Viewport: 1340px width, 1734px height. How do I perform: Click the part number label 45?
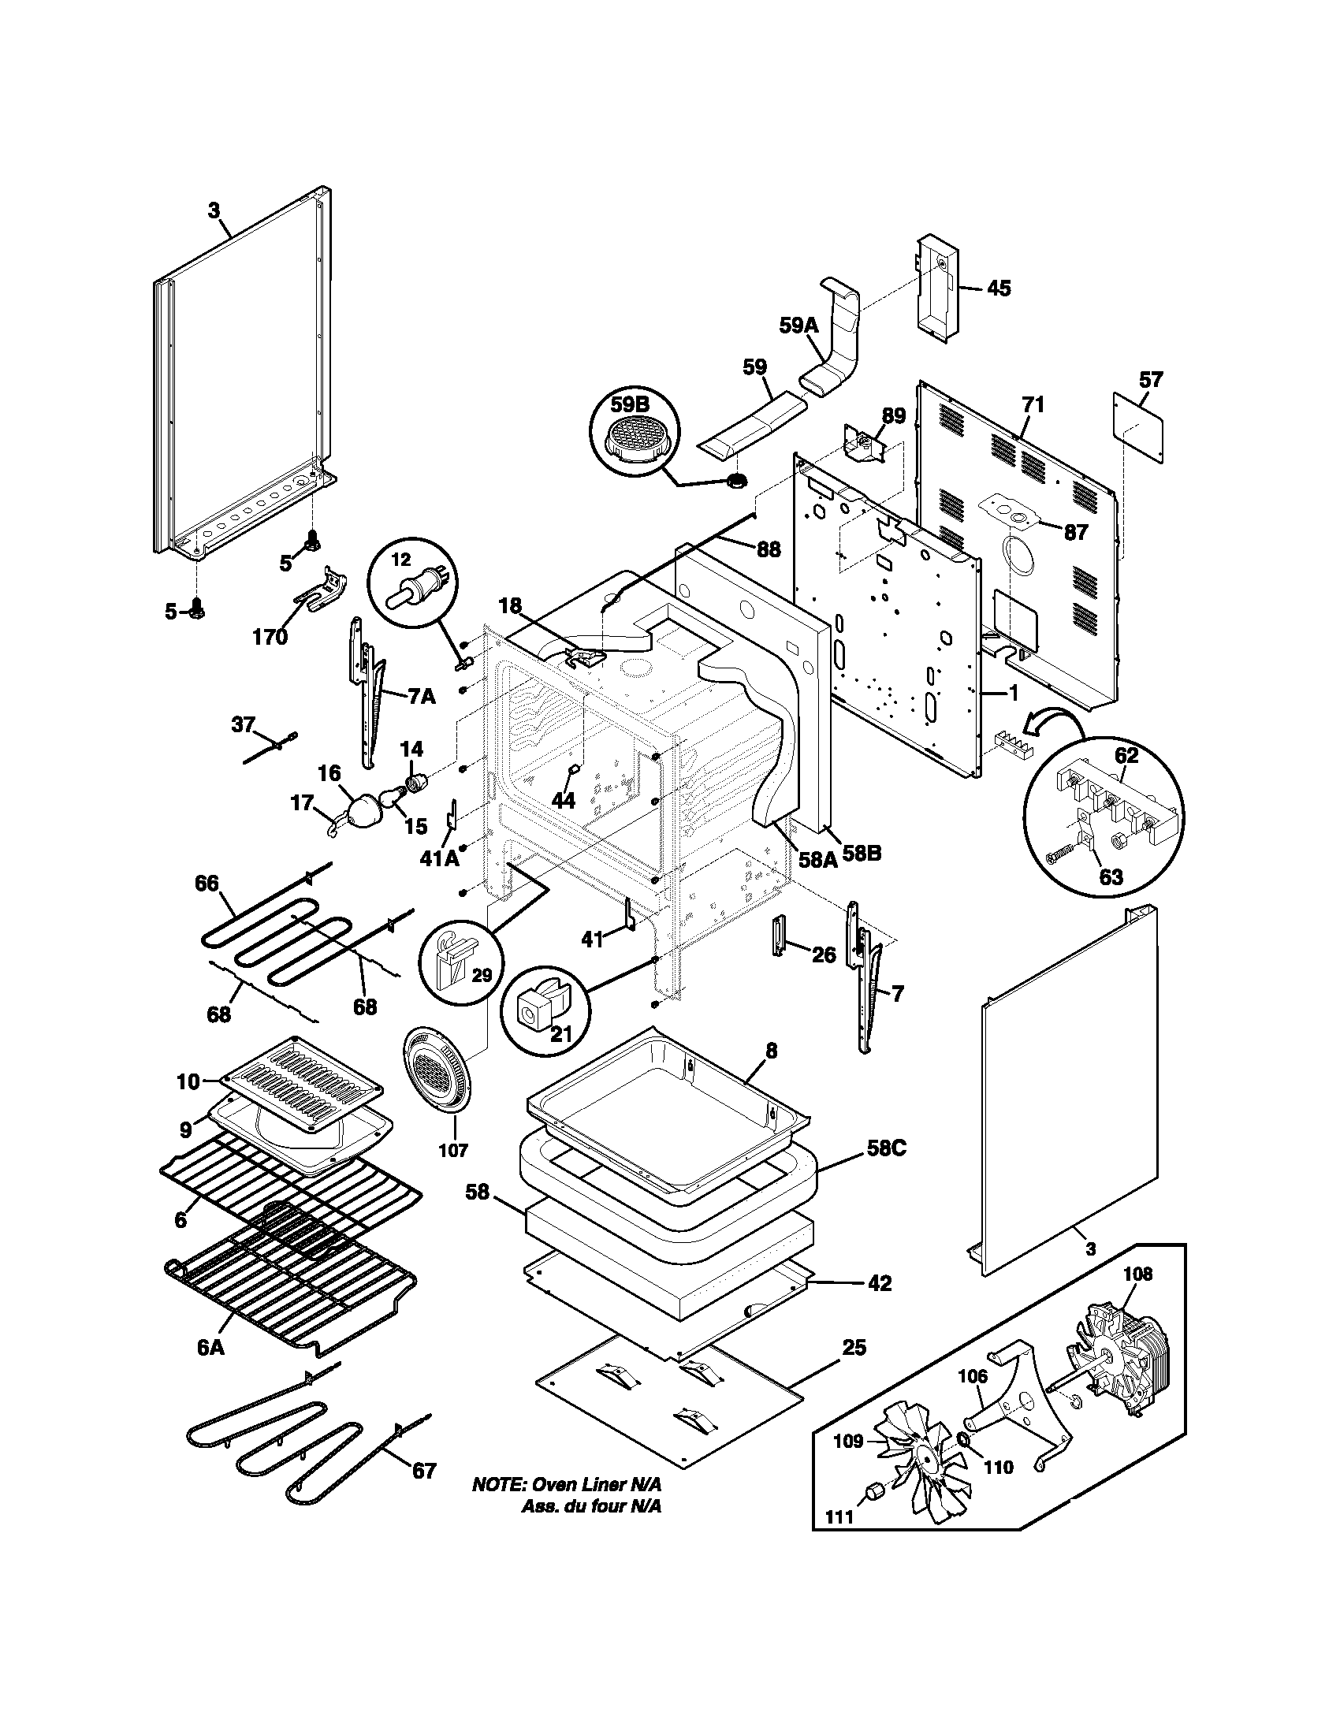click(x=999, y=288)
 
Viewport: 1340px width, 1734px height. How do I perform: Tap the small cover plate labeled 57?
click(x=1138, y=425)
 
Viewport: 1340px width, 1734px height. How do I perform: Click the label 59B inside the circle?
click(x=630, y=405)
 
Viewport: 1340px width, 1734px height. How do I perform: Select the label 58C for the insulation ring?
click(x=888, y=1148)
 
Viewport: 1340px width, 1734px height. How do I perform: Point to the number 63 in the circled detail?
click(x=1111, y=876)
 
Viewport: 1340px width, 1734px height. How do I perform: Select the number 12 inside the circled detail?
click(x=402, y=560)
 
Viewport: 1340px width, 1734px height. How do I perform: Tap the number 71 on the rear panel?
click(x=1032, y=404)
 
